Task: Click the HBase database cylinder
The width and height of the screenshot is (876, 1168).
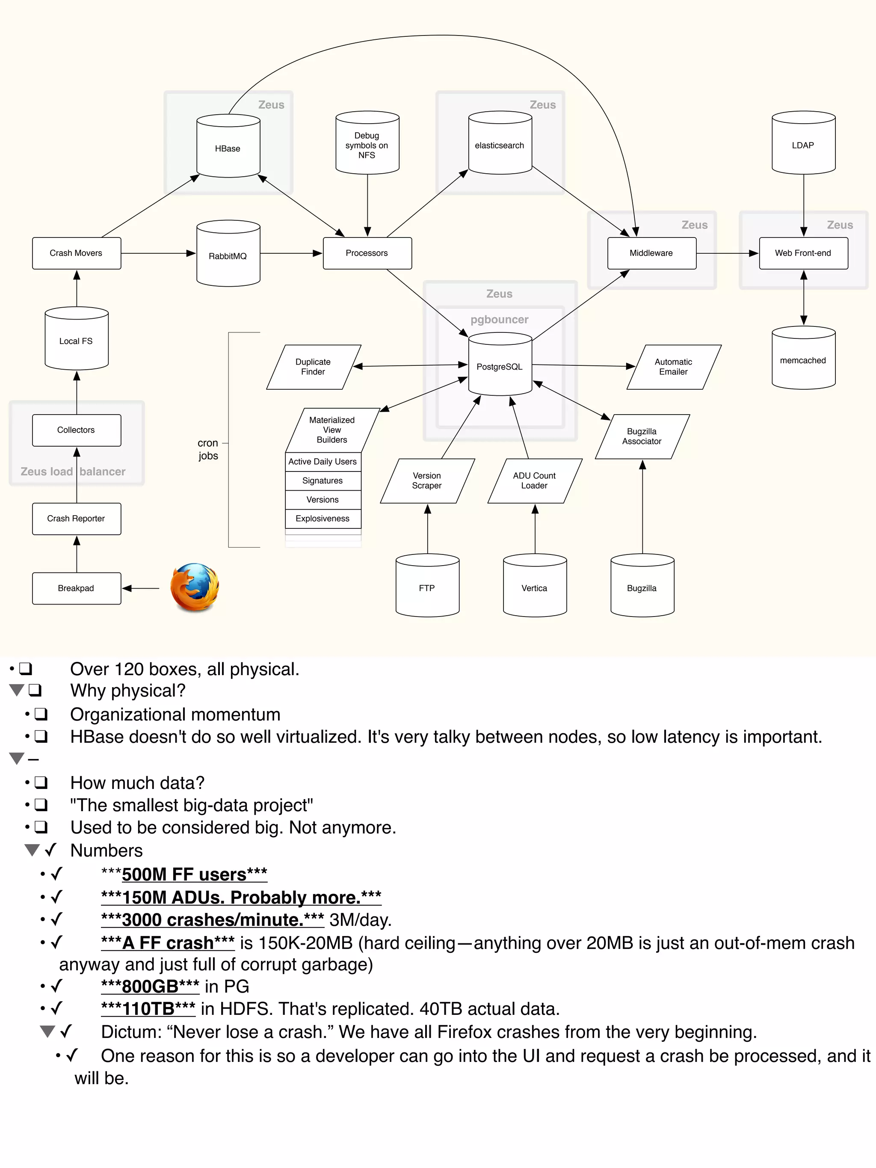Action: click(x=228, y=148)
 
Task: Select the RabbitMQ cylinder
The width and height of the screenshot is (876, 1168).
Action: click(x=228, y=255)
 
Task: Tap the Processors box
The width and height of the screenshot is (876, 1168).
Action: click(x=367, y=253)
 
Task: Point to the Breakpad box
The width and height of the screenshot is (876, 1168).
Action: click(x=77, y=588)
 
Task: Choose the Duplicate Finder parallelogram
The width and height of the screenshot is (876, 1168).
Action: click(x=313, y=367)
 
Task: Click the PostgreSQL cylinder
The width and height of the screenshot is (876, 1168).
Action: click(x=500, y=367)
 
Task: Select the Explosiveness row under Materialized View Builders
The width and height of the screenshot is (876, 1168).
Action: click(x=323, y=519)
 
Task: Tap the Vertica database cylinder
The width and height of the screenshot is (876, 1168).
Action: click(x=534, y=588)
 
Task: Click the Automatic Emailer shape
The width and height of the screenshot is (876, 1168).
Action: click(x=673, y=367)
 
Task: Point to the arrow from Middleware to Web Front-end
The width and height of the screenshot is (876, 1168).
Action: click(x=727, y=253)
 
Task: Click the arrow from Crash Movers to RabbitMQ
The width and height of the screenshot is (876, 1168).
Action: click(x=158, y=253)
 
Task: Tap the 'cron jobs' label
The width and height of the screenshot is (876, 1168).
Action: click(x=208, y=449)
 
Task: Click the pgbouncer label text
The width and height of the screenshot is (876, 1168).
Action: click(x=500, y=320)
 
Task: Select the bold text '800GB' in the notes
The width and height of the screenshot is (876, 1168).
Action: click(x=150, y=986)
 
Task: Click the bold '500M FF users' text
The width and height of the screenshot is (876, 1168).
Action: click(x=184, y=875)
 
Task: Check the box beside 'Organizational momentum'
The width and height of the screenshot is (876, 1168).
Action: click(x=41, y=714)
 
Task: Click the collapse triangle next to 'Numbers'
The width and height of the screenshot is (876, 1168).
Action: click(x=32, y=850)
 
